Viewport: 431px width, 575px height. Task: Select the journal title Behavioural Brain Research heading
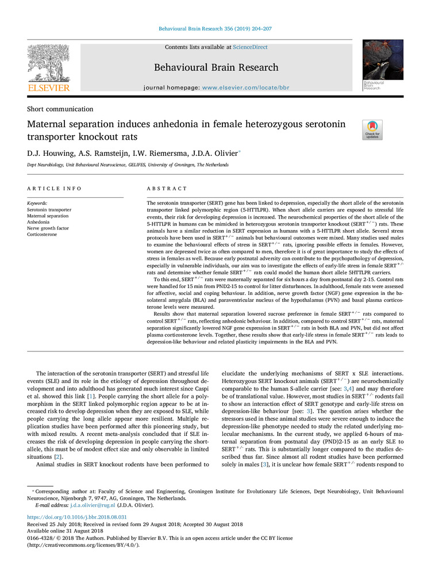216,67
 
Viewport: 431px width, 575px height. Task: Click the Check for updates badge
372,129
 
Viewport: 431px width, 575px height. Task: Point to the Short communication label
60,109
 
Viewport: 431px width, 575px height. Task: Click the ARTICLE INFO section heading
55,189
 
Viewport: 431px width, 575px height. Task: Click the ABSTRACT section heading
167,189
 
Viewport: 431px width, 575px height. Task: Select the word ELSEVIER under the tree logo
49,88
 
